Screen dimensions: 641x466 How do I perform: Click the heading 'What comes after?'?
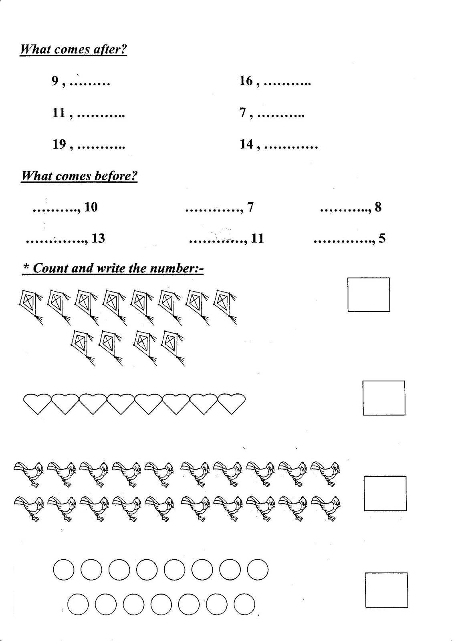tap(73, 50)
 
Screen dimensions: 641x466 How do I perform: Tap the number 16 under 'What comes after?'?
tap(246, 81)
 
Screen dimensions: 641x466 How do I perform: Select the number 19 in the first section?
tap(59, 144)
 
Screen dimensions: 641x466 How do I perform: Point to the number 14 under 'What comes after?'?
tap(246, 144)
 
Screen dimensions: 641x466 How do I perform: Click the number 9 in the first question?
tap(55, 81)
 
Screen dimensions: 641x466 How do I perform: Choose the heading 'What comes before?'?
tap(79, 176)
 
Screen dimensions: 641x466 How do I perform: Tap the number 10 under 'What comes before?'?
tap(91, 207)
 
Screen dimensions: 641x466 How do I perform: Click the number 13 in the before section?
tap(98, 238)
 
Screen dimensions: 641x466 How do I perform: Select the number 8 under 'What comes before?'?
tap(378, 207)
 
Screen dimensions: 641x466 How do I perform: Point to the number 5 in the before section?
tap(381, 238)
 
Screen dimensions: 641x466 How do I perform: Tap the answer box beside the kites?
tap(368, 294)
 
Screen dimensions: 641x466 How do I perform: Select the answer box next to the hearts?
tap(383, 398)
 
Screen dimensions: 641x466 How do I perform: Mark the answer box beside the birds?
tap(385, 493)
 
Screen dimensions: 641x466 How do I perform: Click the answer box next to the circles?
tap(386, 590)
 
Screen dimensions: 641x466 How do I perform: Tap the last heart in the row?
tap(231, 403)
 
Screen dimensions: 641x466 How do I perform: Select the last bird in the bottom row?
tap(325, 507)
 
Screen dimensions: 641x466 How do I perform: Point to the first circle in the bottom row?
tap(77, 604)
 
